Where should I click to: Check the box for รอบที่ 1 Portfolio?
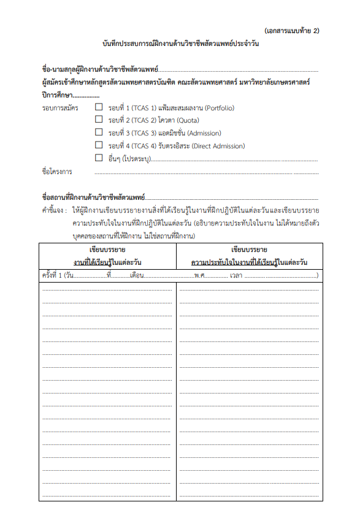[99, 108]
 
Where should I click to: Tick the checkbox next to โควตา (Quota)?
[99, 120]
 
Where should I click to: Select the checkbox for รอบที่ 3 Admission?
[99, 132]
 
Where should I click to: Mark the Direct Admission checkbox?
[99, 145]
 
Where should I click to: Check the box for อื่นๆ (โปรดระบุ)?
[99, 158]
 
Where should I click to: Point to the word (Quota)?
[178, 121]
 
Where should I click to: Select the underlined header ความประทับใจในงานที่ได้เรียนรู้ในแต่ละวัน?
[248, 263]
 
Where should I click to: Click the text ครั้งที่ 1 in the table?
[53, 276]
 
